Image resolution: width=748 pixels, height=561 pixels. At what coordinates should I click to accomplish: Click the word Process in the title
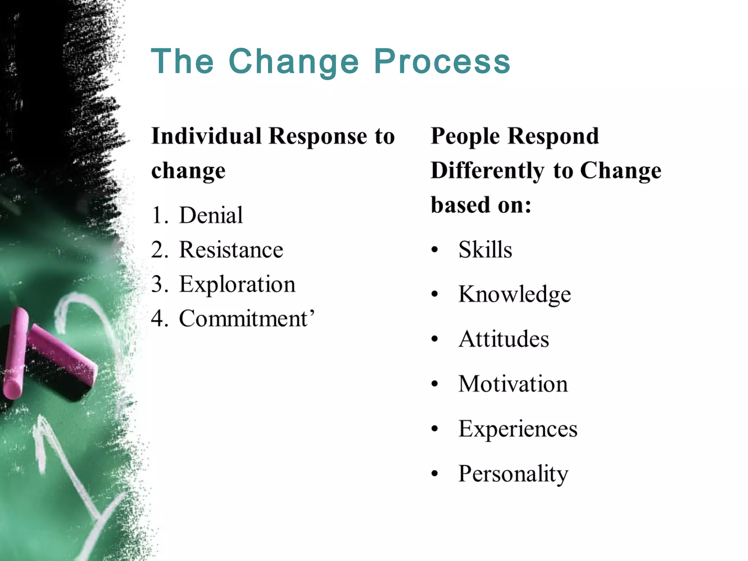coord(442,61)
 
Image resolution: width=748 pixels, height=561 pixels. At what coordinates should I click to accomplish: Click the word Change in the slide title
coord(294,61)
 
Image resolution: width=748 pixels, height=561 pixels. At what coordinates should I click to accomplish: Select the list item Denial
coord(211,215)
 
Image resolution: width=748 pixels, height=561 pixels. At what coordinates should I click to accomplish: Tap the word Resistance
coord(231,250)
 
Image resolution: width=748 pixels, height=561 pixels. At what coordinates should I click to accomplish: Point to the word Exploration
coord(237,284)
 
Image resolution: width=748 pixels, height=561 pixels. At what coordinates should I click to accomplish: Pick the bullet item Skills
coord(485,250)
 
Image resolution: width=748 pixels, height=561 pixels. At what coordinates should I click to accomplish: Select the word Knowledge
coord(514,294)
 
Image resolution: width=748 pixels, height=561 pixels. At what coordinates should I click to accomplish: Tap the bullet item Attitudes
coord(503,339)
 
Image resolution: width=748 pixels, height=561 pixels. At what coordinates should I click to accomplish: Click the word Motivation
coord(513,384)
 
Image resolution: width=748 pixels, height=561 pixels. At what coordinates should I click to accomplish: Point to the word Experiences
coord(518,429)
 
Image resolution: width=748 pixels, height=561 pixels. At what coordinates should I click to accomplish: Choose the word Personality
coord(513,474)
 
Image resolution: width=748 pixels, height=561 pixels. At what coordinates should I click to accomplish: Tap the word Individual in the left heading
coord(206,136)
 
